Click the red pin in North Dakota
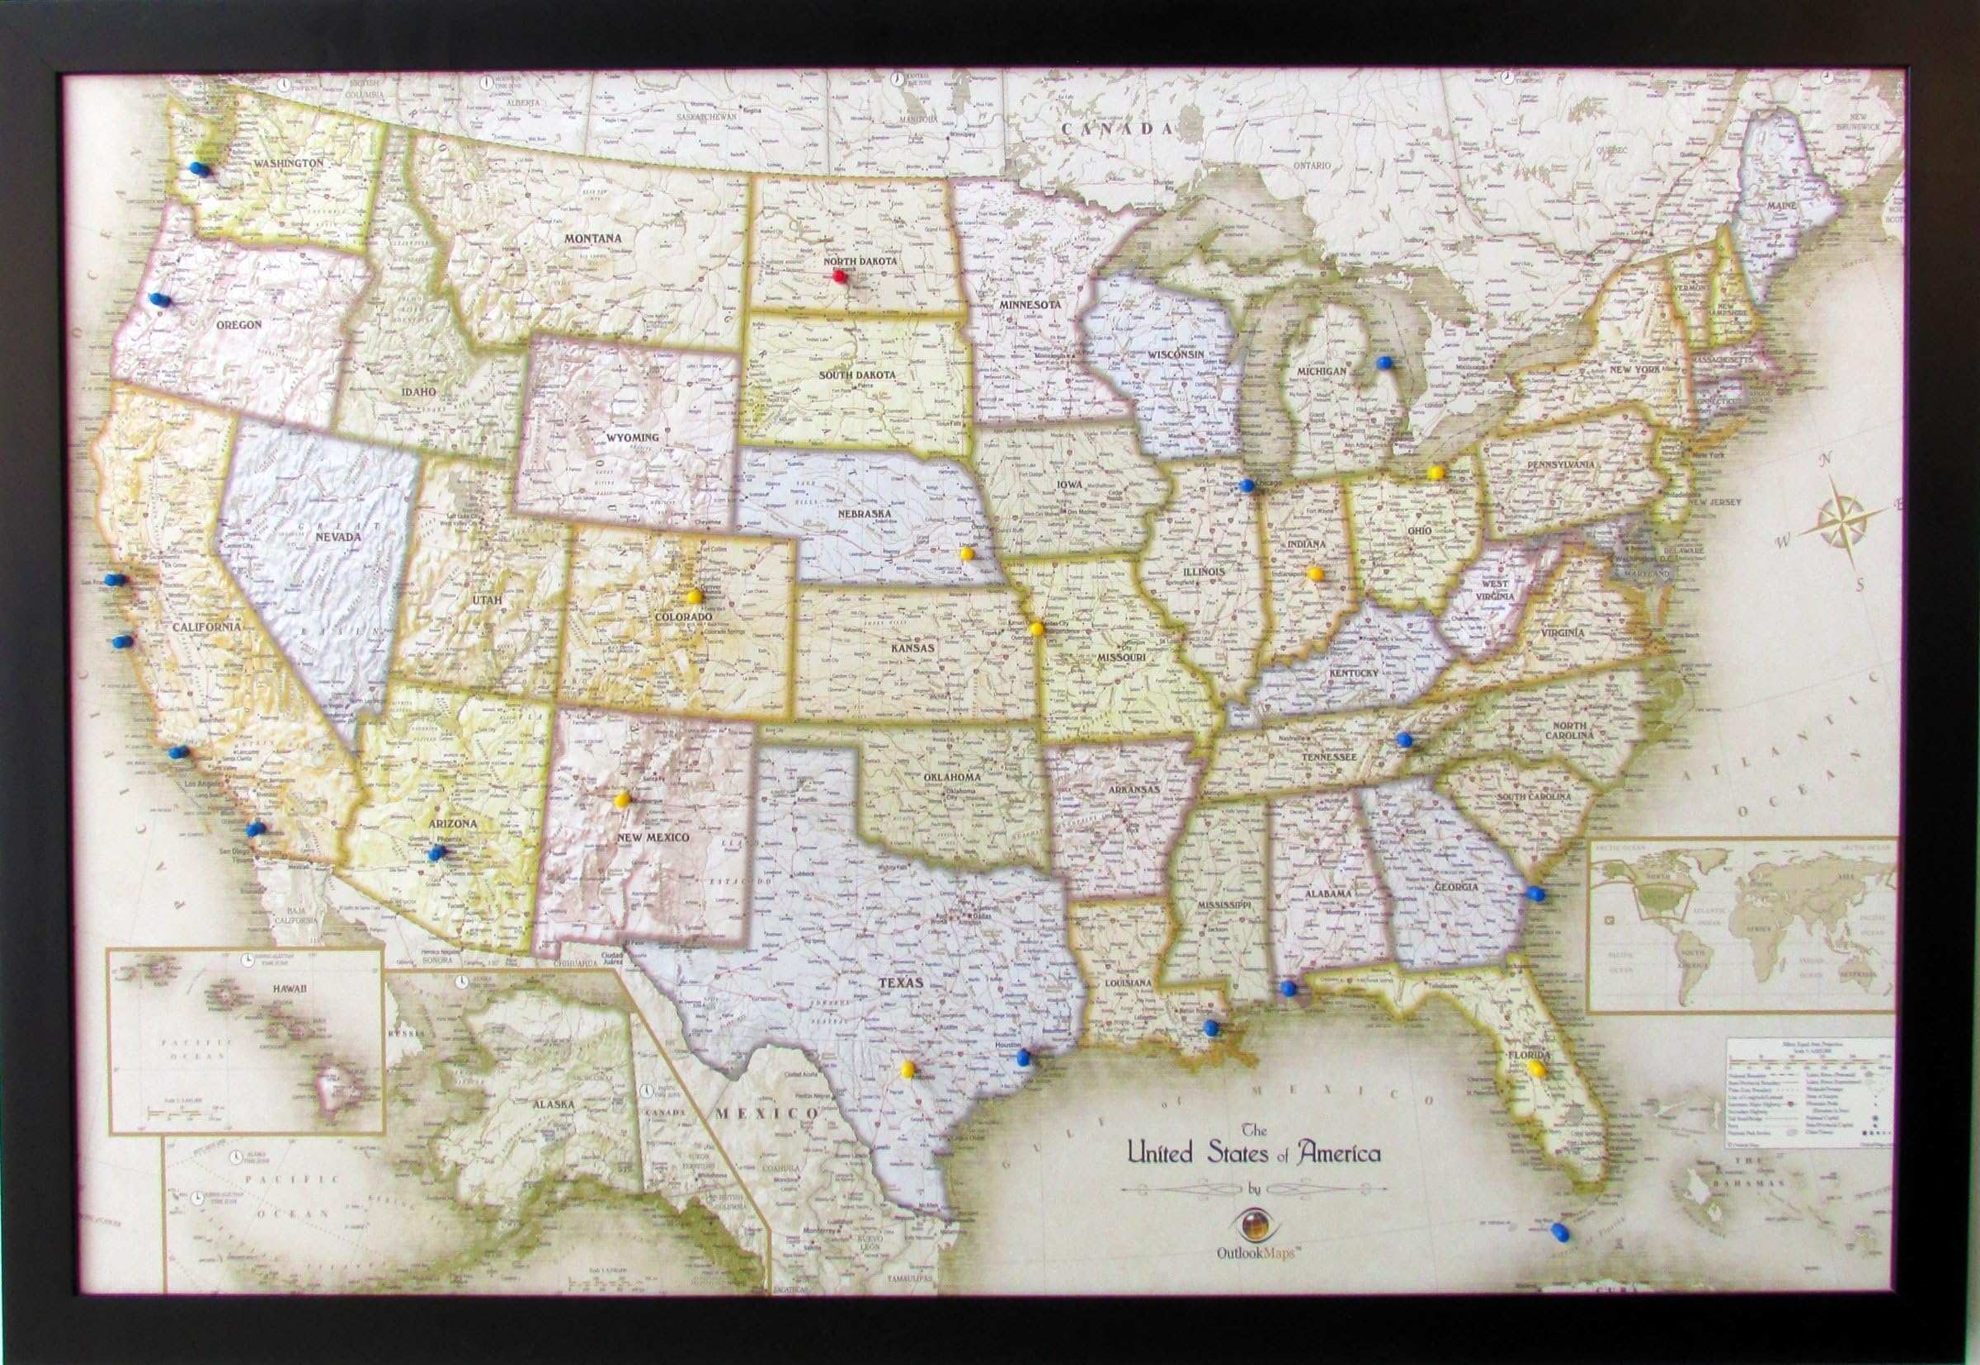(x=839, y=275)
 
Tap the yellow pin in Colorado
(x=694, y=596)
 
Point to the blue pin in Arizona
(x=439, y=853)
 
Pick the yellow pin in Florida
(x=1537, y=1068)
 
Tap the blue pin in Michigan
(x=1384, y=363)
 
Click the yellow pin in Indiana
(x=1314, y=573)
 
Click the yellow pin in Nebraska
(x=966, y=553)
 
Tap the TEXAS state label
(x=902, y=984)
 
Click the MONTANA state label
(x=592, y=238)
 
